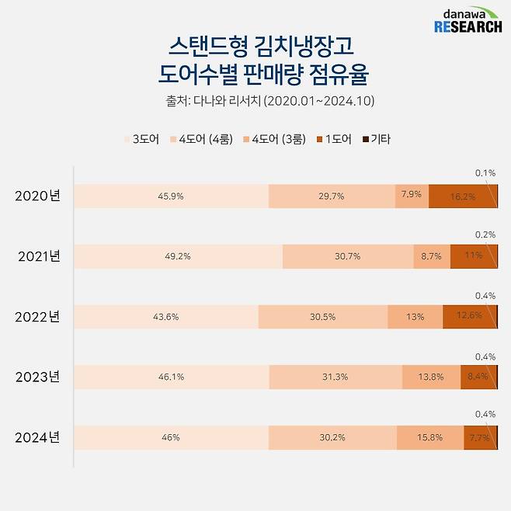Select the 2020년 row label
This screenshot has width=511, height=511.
coord(37,196)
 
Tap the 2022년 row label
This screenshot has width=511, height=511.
coord(37,317)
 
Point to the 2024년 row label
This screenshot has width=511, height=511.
coord(37,437)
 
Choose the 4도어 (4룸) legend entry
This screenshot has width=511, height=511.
coord(200,140)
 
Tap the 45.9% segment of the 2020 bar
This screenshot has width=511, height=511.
coord(171,196)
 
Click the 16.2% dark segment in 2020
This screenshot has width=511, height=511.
coord(462,196)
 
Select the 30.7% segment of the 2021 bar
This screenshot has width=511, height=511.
coord(347,256)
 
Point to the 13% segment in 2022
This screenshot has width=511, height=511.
coord(415,317)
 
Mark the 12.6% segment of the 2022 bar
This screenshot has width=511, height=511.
coord(469,317)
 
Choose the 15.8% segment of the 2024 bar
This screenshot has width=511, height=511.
coord(430,437)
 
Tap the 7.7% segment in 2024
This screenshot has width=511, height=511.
coord(479,437)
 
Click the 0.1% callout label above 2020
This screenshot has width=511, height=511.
coord(485,173)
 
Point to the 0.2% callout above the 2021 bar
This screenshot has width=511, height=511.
coord(485,234)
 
